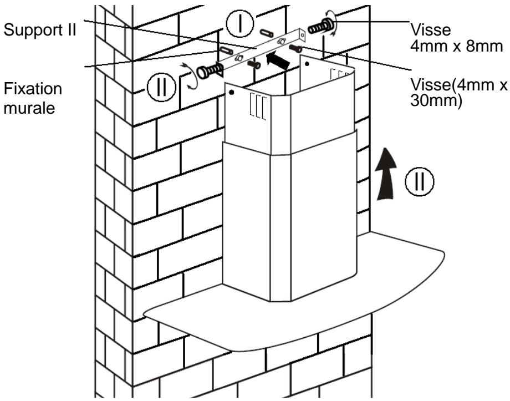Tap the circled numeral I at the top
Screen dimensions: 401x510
[x=241, y=23]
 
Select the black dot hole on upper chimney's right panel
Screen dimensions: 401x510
[x=307, y=64]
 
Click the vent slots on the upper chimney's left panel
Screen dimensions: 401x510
[x=257, y=106]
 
